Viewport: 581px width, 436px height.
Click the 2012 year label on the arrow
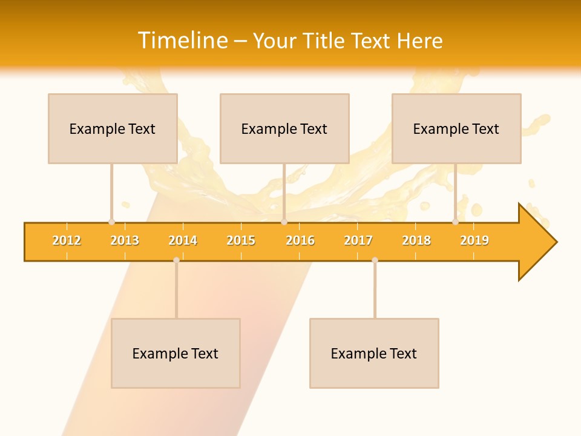pyautogui.click(x=67, y=240)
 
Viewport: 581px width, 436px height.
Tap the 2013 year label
pyautogui.click(x=125, y=240)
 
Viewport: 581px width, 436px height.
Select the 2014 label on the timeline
pyautogui.click(x=183, y=240)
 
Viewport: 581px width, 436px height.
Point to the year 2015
pyautogui.click(x=241, y=240)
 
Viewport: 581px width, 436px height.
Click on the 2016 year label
pyautogui.click(x=300, y=240)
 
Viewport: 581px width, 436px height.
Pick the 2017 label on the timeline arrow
pyautogui.click(x=358, y=240)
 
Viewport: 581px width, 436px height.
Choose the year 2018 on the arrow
pyautogui.click(x=416, y=240)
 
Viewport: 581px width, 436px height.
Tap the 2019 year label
pyautogui.click(x=474, y=240)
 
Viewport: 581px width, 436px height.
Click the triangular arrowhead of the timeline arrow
pyautogui.click(x=536, y=242)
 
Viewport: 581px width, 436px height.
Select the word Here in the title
pyautogui.click(x=419, y=41)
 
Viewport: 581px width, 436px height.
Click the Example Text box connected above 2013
pyautogui.click(x=113, y=128)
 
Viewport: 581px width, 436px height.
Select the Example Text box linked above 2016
pyautogui.click(x=284, y=128)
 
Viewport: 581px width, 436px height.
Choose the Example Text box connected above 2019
pyautogui.click(x=456, y=128)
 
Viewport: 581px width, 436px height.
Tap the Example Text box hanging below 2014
pyautogui.click(x=176, y=353)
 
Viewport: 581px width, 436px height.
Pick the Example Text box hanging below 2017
pyautogui.click(x=374, y=353)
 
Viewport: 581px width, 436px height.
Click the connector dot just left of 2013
pyautogui.click(x=111, y=222)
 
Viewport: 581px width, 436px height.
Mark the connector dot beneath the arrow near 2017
pyautogui.click(x=375, y=260)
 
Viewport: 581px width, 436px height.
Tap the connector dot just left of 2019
pyautogui.click(x=455, y=222)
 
